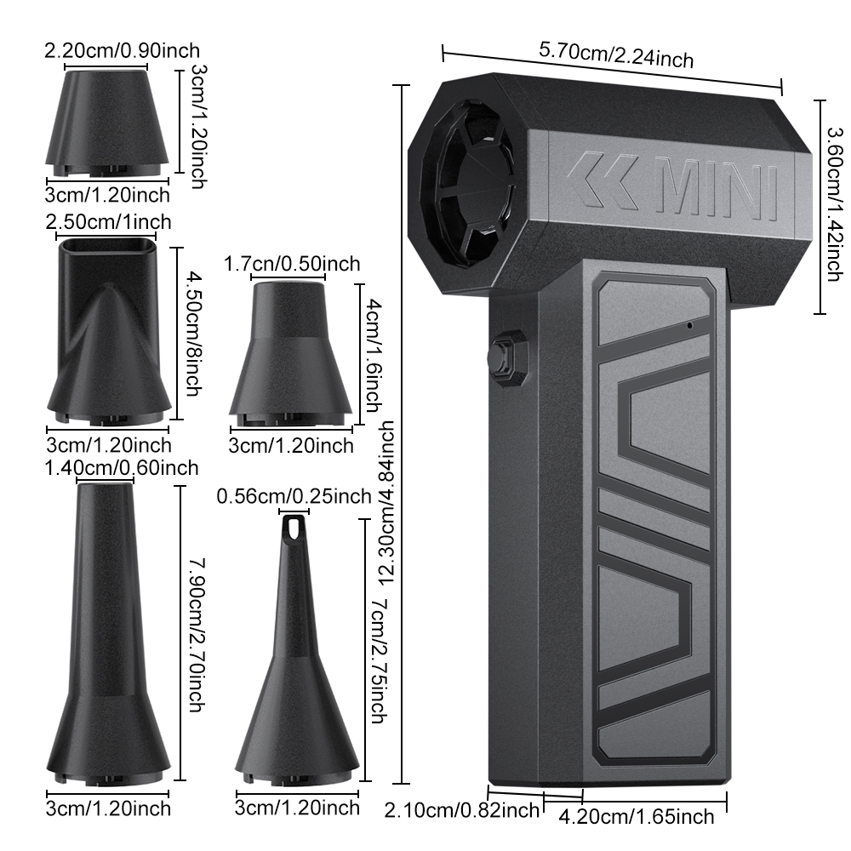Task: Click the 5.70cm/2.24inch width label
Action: point(616,54)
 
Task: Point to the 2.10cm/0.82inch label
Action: point(462,810)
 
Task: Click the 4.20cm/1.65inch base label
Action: point(636,817)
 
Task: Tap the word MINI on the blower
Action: point(717,187)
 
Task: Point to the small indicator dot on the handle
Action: point(690,326)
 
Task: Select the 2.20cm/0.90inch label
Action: point(122,50)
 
